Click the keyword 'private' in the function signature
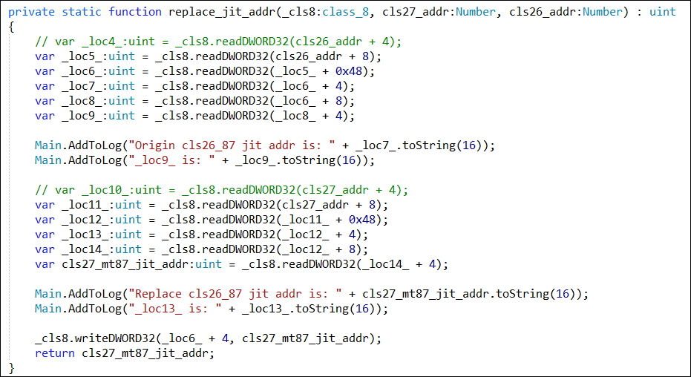click(32, 12)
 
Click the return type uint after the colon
click(662, 12)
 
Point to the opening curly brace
click(11, 27)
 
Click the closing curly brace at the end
click(11, 368)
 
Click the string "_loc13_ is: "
click(175, 309)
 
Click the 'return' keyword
click(55, 353)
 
